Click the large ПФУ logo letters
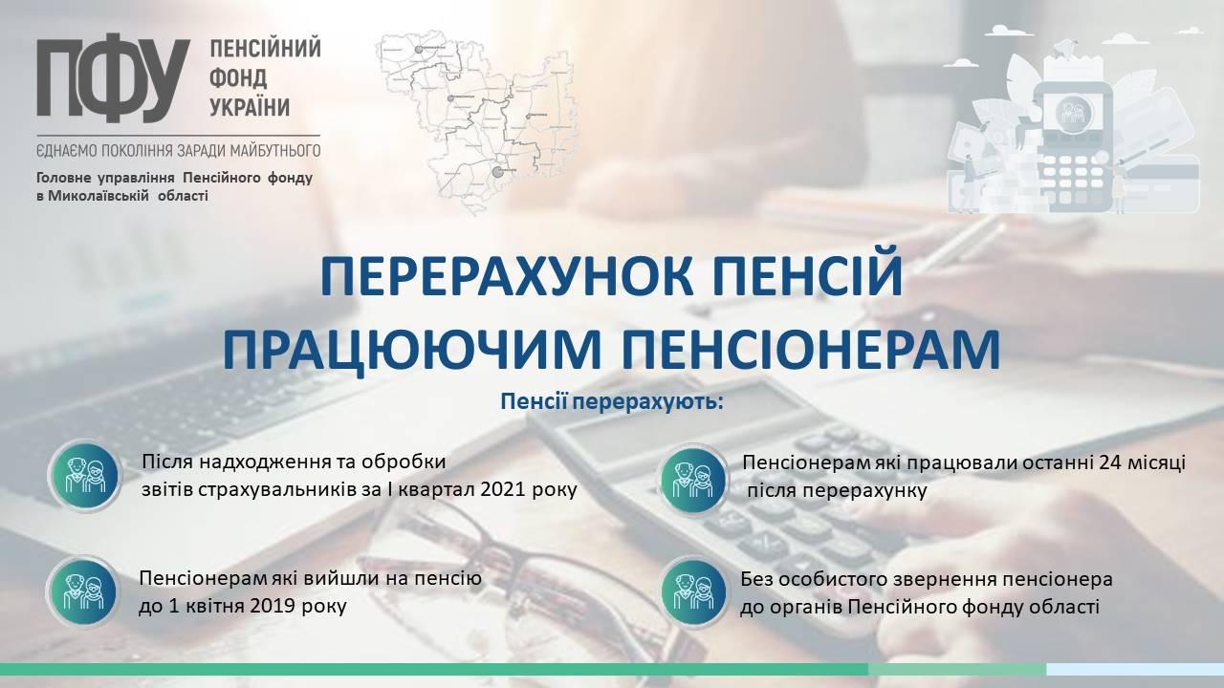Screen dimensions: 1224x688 point(114,77)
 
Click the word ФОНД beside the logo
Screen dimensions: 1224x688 point(239,78)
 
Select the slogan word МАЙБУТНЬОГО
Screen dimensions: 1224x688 point(274,150)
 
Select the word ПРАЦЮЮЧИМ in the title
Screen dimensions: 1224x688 point(411,351)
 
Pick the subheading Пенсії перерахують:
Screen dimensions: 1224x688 point(612,402)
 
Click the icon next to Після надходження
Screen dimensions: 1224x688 point(85,476)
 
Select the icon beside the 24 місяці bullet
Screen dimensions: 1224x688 point(693,480)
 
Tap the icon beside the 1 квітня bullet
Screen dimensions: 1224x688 point(83,591)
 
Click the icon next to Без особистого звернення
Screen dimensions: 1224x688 point(693,591)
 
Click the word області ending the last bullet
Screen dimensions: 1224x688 point(1063,607)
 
